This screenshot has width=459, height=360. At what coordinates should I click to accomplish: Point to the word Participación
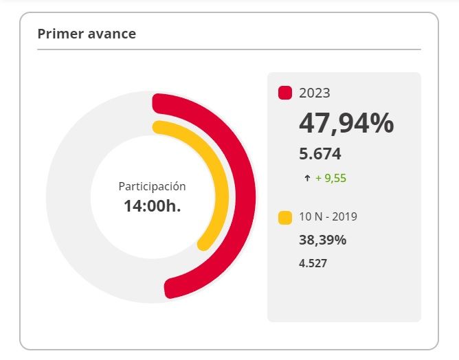(x=152, y=186)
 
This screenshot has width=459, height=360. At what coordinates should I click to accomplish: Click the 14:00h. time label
(x=152, y=205)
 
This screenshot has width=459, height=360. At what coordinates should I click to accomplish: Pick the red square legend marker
(x=285, y=93)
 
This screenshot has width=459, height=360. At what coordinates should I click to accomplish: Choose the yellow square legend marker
(x=285, y=218)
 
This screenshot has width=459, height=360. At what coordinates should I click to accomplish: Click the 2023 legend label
(x=315, y=93)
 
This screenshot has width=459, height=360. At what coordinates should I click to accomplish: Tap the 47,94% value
(x=346, y=124)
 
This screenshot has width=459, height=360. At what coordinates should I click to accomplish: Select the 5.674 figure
(x=320, y=154)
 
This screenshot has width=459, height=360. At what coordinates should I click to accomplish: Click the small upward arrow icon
(x=307, y=179)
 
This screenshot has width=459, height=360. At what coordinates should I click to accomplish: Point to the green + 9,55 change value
(x=331, y=179)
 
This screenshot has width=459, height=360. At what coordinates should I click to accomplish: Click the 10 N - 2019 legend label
(x=328, y=217)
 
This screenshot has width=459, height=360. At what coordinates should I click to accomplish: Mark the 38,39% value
(x=322, y=240)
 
